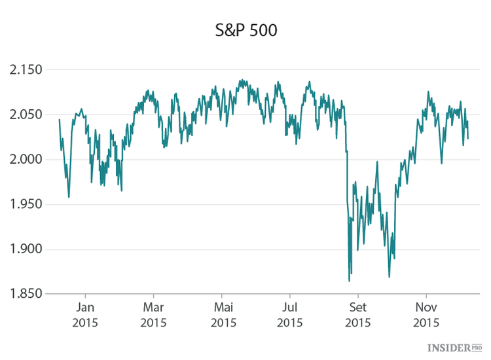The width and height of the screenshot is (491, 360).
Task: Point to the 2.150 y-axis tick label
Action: (24, 70)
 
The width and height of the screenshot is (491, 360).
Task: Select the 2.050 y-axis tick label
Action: (24, 115)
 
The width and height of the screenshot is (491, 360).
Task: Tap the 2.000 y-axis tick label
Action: (24, 160)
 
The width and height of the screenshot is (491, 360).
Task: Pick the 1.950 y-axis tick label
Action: (24, 204)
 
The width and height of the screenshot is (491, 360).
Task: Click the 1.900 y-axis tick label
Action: (24, 249)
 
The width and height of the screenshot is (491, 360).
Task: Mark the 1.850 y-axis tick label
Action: (24, 294)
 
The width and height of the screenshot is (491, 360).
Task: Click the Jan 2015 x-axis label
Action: (86, 314)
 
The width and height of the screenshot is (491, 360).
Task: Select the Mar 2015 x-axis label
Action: (153, 314)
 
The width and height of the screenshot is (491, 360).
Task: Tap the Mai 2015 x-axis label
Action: (223, 314)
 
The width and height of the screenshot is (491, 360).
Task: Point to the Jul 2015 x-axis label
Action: (290, 314)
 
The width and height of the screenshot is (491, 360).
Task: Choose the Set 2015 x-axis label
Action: (358, 314)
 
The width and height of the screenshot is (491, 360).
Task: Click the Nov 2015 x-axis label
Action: (426, 314)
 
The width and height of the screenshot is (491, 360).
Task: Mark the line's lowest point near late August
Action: (349, 281)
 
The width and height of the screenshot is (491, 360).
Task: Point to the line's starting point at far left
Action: (59, 119)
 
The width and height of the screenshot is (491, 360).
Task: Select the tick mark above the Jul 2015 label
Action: (290, 297)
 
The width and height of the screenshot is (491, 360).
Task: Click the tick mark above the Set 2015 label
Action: (358, 297)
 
